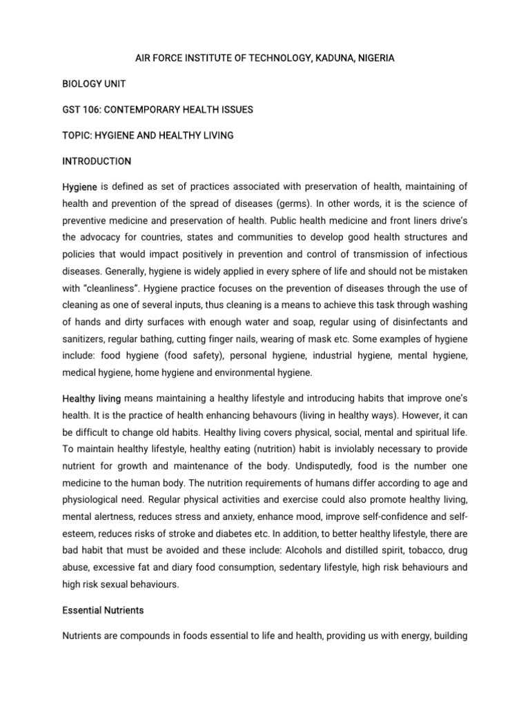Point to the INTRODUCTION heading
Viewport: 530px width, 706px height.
(x=97, y=161)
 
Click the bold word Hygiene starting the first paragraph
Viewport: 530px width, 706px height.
(x=79, y=188)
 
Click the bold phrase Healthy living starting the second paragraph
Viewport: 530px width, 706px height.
(x=92, y=379)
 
